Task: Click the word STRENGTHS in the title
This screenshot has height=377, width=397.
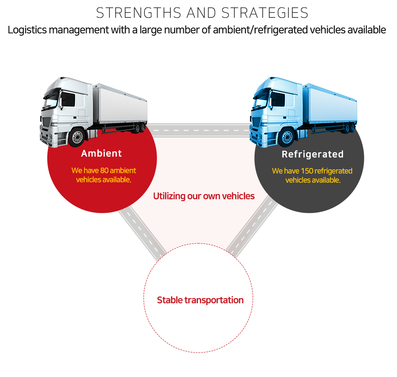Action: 139,13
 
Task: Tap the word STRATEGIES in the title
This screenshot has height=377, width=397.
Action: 265,13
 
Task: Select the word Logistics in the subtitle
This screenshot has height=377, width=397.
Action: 27,30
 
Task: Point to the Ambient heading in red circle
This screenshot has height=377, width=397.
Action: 101,153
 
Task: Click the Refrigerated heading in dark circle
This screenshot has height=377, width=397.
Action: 313,154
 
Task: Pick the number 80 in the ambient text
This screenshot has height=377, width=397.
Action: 104,170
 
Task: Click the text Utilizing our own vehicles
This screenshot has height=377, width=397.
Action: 204,196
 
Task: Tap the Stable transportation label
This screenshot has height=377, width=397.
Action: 200,300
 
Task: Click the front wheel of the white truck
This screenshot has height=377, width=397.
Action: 77,137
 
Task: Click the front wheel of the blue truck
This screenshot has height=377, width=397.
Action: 287,138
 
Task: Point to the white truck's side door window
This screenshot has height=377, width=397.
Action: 68,99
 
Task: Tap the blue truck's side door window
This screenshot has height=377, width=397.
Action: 278,99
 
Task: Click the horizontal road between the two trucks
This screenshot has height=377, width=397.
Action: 200,131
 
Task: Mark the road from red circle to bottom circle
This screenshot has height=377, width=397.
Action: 142,233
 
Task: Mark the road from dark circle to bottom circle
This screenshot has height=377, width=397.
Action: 252,227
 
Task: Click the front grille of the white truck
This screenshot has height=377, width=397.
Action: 46,122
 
